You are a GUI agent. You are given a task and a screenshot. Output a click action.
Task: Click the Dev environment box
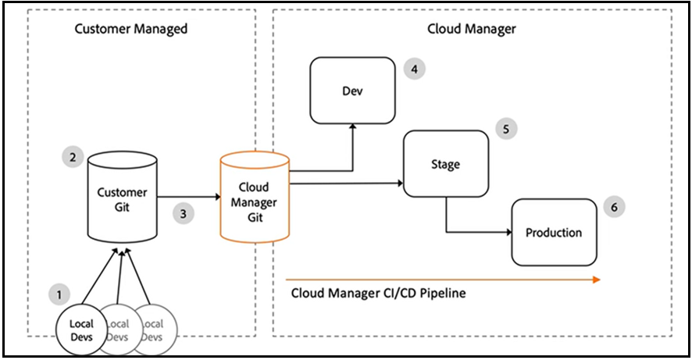pos(352,90)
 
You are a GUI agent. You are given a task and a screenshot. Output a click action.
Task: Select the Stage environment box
pos(445,164)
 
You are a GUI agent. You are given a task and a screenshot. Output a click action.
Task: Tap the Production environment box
pos(553,232)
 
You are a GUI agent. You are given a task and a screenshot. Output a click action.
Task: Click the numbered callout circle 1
pos(58,294)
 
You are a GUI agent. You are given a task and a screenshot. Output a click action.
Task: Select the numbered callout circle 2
pos(72,157)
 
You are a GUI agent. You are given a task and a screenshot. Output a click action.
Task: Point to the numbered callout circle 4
pos(414,69)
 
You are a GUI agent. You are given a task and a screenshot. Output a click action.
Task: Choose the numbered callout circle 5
pos(507,129)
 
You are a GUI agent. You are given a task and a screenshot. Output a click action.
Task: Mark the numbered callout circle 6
pos(615,207)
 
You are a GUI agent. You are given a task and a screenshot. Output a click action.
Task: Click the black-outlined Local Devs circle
pos(81,330)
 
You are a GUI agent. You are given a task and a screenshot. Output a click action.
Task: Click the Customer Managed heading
pos(130,29)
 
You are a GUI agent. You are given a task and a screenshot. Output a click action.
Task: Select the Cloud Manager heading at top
pos(472,29)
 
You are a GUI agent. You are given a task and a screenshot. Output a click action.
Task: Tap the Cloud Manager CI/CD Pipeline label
pos(378,294)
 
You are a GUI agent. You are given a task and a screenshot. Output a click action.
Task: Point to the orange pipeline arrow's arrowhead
pos(596,278)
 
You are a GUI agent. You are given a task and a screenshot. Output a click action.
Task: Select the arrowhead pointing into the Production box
pos(508,232)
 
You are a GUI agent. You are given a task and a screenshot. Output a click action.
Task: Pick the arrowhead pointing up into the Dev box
pos(352,127)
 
